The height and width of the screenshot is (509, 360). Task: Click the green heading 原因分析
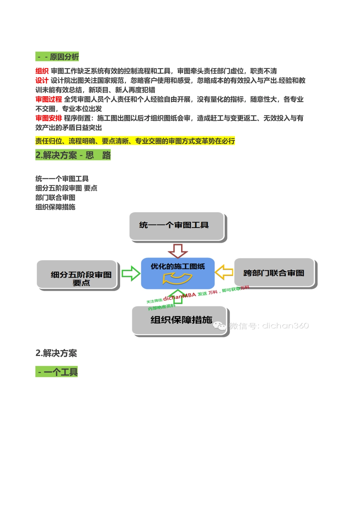(x=57, y=57)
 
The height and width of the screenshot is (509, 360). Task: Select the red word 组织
(x=42, y=71)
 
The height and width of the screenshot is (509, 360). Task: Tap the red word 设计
(x=42, y=81)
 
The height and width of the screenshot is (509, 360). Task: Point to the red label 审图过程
(x=49, y=100)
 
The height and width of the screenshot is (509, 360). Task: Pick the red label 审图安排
(x=49, y=119)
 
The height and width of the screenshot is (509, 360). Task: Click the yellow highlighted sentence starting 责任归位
(x=135, y=141)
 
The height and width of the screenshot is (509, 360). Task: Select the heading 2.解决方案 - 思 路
(x=73, y=155)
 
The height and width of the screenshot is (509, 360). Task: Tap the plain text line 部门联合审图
(x=55, y=198)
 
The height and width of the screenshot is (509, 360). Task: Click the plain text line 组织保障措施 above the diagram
(x=55, y=207)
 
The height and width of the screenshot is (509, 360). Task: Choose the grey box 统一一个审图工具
(x=177, y=226)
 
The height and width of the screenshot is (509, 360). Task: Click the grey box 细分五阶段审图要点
(x=77, y=275)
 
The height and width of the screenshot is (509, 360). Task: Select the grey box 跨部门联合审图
(x=274, y=273)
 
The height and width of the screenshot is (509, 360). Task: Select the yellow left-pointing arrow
(x=224, y=272)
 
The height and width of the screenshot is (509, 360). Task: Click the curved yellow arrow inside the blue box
(x=177, y=279)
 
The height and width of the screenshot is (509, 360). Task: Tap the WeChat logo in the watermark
(x=219, y=326)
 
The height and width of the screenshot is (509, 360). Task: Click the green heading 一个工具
(x=57, y=372)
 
